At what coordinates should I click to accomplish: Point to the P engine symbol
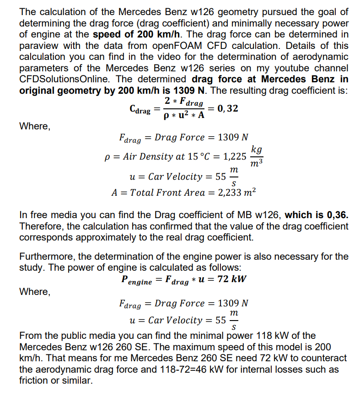(135, 279)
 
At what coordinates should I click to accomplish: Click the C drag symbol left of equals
(140, 110)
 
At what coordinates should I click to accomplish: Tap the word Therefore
(42, 226)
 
